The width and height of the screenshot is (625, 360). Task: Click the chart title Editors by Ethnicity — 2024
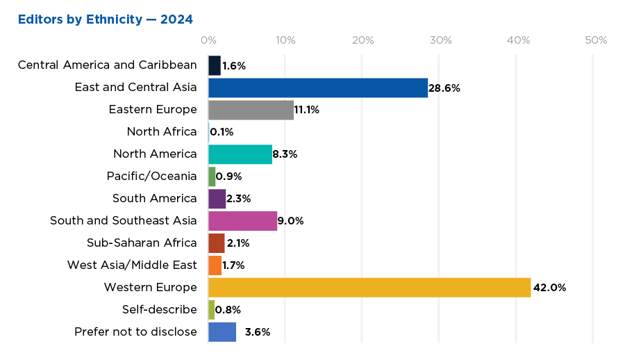(106, 18)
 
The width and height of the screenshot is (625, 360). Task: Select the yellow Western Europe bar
(369, 287)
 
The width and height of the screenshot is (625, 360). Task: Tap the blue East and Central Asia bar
(317, 88)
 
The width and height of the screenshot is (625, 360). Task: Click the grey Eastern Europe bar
(251, 110)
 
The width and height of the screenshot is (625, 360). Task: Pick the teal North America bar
(240, 154)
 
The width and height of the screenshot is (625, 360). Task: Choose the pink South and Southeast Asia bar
(242, 221)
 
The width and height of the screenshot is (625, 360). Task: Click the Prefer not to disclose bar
(222, 332)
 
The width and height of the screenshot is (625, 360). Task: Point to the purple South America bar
(217, 199)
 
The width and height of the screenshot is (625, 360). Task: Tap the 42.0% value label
(550, 288)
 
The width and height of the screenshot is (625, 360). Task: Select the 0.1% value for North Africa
(222, 132)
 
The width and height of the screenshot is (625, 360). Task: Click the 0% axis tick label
(208, 40)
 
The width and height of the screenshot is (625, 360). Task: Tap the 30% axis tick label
(439, 40)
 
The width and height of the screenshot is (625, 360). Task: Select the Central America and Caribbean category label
(107, 65)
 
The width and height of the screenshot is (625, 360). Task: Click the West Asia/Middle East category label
(132, 265)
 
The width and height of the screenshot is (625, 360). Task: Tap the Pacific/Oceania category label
(151, 176)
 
